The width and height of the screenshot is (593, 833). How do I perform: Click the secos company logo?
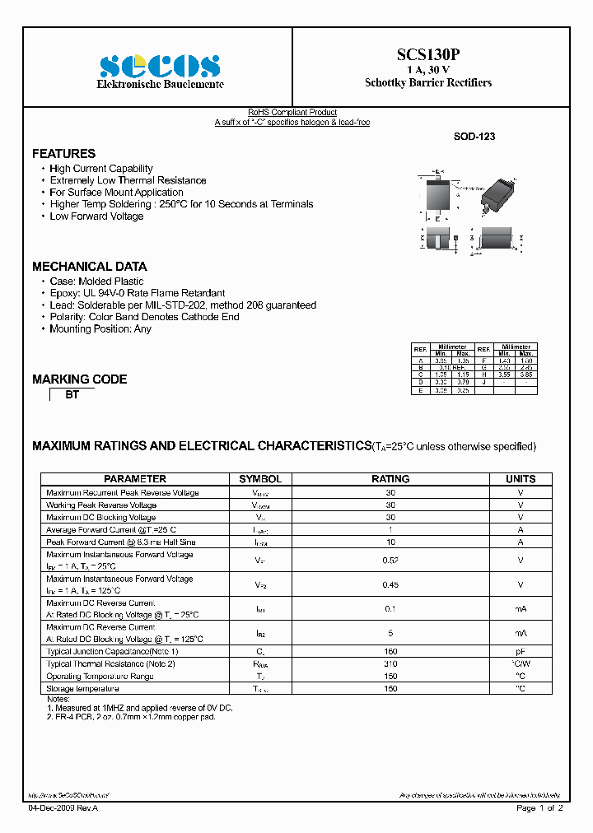pyautogui.click(x=160, y=66)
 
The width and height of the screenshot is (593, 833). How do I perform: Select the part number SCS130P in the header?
pyautogui.click(x=428, y=54)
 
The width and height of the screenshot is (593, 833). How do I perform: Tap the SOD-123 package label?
pyautogui.click(x=474, y=137)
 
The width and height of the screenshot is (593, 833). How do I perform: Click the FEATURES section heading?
pyautogui.click(x=63, y=154)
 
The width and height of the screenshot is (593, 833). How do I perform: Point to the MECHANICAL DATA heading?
pyautogui.click(x=89, y=267)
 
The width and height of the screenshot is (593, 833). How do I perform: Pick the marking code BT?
pyautogui.click(x=72, y=395)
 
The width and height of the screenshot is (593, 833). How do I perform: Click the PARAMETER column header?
pyautogui.click(x=135, y=479)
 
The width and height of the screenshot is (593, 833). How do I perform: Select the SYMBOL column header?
pyautogui.click(x=260, y=479)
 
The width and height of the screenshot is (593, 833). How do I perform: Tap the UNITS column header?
pyautogui.click(x=521, y=479)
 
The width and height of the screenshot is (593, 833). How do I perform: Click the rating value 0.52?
pyautogui.click(x=390, y=561)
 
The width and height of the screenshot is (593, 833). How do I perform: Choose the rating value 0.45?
pyautogui.click(x=390, y=585)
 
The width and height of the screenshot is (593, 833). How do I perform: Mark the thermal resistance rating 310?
pyautogui.click(x=390, y=663)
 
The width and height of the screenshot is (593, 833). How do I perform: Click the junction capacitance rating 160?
pyautogui.click(x=390, y=651)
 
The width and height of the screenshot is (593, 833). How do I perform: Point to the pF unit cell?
pyautogui.click(x=521, y=651)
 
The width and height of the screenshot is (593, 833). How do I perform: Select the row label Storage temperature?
pyautogui.click(x=83, y=688)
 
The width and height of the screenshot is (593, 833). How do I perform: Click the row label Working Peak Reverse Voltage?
pyautogui.click(x=101, y=505)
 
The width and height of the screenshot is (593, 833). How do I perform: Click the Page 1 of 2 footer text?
pyautogui.click(x=539, y=809)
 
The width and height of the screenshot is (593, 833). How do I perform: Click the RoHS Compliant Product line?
pyautogui.click(x=292, y=113)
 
